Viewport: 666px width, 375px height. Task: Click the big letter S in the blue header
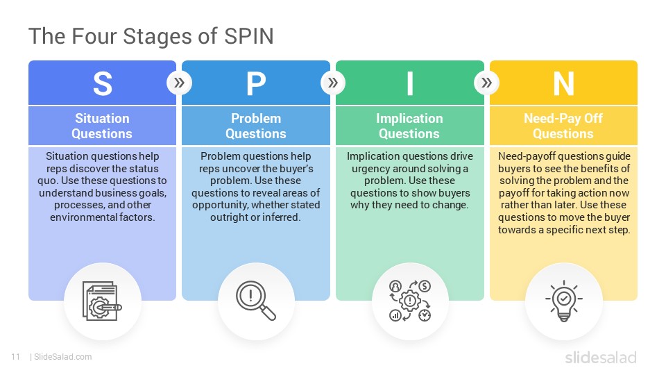click(103, 83)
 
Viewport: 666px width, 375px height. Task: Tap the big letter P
click(256, 83)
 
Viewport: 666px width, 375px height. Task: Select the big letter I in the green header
click(410, 83)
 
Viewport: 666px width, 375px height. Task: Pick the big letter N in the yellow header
click(563, 83)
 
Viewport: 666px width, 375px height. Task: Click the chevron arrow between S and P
click(179, 83)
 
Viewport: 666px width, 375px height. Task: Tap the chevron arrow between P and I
click(333, 83)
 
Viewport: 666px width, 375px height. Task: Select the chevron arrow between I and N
click(487, 83)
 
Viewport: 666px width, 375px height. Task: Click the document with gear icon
click(102, 301)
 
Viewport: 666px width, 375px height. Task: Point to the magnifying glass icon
click(256, 300)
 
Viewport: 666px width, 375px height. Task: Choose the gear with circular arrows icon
click(410, 301)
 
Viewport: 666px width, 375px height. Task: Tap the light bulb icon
click(563, 301)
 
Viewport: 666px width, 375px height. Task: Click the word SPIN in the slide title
click(249, 36)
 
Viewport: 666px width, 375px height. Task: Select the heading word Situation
click(103, 118)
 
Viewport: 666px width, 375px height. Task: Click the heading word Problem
click(256, 118)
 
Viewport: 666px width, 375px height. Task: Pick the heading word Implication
click(409, 119)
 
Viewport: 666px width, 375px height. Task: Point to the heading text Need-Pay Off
click(563, 119)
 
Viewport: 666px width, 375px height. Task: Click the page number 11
click(16, 357)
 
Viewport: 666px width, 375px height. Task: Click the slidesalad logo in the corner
click(601, 357)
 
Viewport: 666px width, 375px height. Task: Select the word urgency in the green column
click(370, 169)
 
